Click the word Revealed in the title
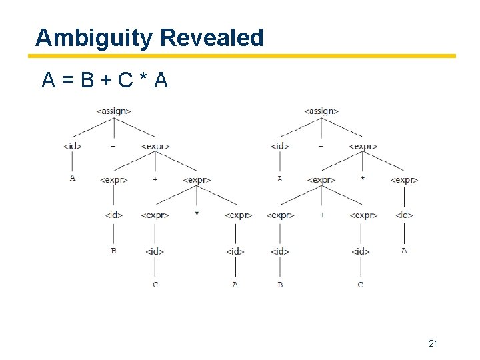[x=212, y=38]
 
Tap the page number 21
[x=434, y=343]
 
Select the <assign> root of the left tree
[x=114, y=111]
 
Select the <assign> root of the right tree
[x=321, y=111]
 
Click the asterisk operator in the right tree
[x=363, y=179]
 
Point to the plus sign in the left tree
[x=155, y=179]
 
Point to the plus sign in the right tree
[x=321, y=215]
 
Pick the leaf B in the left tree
[x=113, y=251]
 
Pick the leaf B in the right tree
[x=280, y=285]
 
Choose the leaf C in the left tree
[x=155, y=285]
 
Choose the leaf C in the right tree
[x=361, y=285]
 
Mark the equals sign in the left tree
[x=114, y=145]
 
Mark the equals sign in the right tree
[x=321, y=145]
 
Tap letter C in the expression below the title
[x=125, y=81]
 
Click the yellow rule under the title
[x=245, y=56]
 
